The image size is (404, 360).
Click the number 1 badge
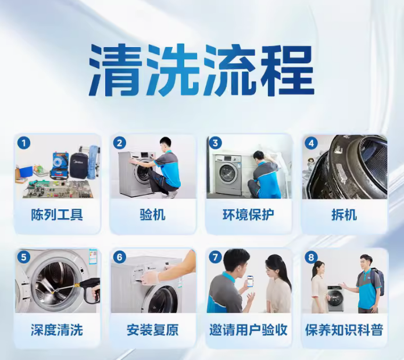pyautogui.click(x=24, y=143)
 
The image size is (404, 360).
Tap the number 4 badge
pyautogui.click(x=311, y=143)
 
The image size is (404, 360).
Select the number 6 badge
pyautogui.click(x=120, y=257)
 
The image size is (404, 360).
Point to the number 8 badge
pyautogui.click(x=311, y=257)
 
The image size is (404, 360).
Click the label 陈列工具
pyautogui.click(x=57, y=215)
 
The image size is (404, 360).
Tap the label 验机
pyautogui.click(x=152, y=215)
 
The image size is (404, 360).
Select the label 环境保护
pyautogui.click(x=248, y=215)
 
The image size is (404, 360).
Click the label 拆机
pyautogui.click(x=344, y=215)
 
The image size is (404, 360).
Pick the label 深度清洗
pyautogui.click(x=57, y=330)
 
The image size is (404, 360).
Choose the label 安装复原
pyautogui.click(x=152, y=330)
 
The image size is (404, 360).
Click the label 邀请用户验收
pyautogui.click(x=248, y=330)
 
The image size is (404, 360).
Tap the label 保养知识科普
pyautogui.click(x=344, y=330)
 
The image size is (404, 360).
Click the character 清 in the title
pyautogui.click(x=116, y=70)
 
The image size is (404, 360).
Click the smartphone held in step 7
pyautogui.click(x=250, y=281)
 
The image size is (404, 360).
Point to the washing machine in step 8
pyautogui.click(x=335, y=298)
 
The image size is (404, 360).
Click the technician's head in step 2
pyautogui.click(x=165, y=144)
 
